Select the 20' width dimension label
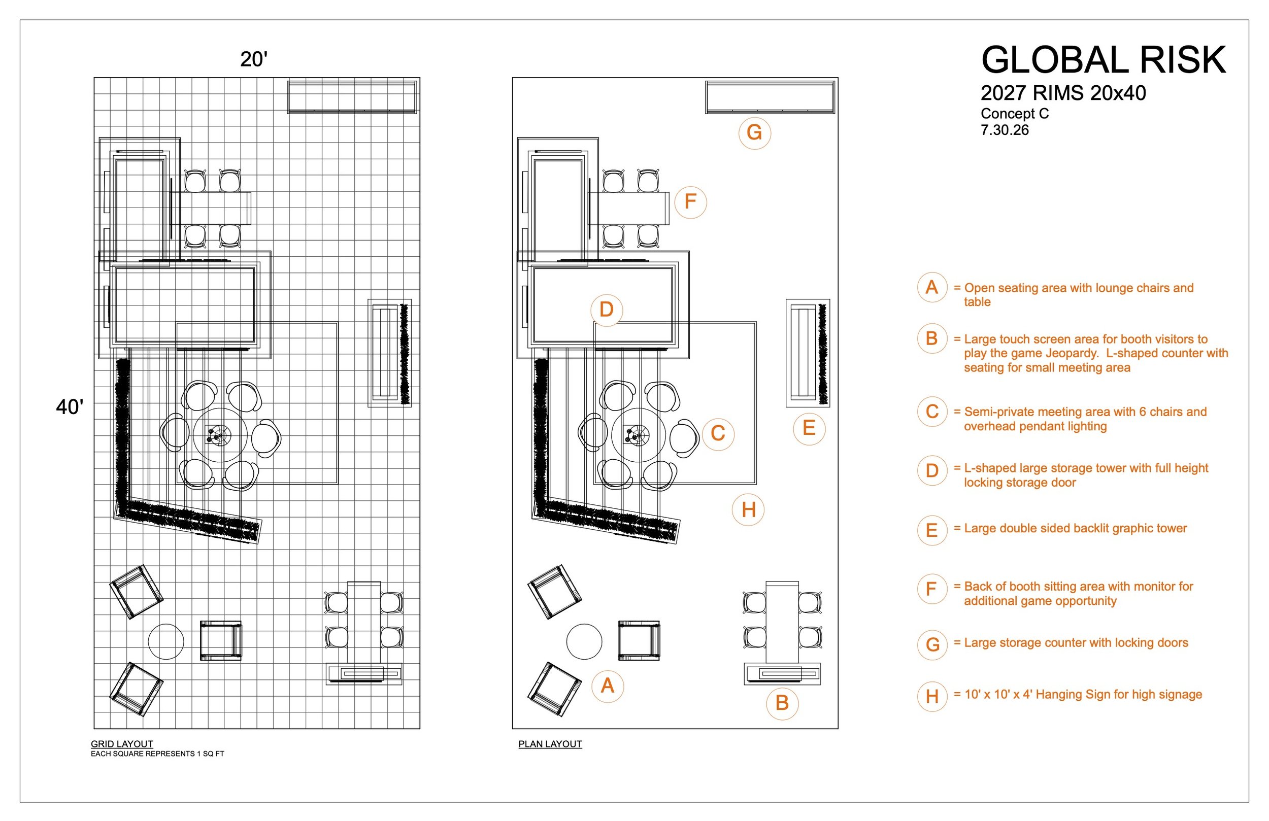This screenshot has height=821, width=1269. point(254,59)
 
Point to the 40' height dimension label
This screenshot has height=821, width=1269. point(70,407)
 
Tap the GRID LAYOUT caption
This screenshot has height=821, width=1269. point(122,744)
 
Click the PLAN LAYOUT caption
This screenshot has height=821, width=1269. point(550,744)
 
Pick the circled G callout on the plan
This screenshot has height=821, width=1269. point(754,133)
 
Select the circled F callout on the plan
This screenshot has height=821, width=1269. point(690,201)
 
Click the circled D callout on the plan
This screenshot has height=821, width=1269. point(607,310)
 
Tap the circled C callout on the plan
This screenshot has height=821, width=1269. point(718,433)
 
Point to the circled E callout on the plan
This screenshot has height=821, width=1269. point(809,428)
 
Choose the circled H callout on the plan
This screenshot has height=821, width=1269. point(748,509)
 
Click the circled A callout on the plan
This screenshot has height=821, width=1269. point(607,686)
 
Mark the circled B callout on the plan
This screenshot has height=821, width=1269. point(782,703)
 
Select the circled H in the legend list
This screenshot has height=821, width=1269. point(932,696)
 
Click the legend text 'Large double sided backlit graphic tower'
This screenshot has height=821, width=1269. point(1076,528)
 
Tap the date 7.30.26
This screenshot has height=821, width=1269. point(1005,130)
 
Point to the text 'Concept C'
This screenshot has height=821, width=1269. point(1015,114)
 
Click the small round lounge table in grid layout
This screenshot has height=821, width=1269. point(166,642)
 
